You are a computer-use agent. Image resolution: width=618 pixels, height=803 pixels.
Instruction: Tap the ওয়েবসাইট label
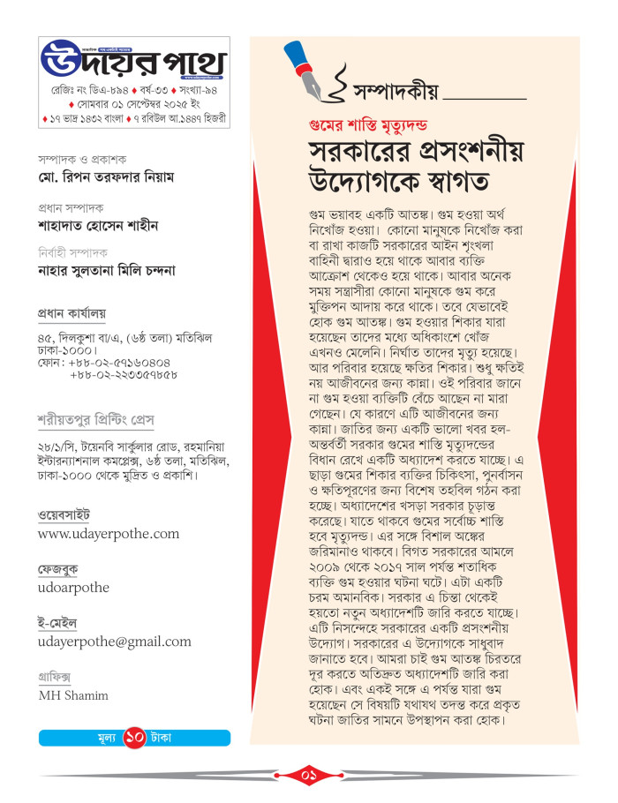(64, 515)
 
